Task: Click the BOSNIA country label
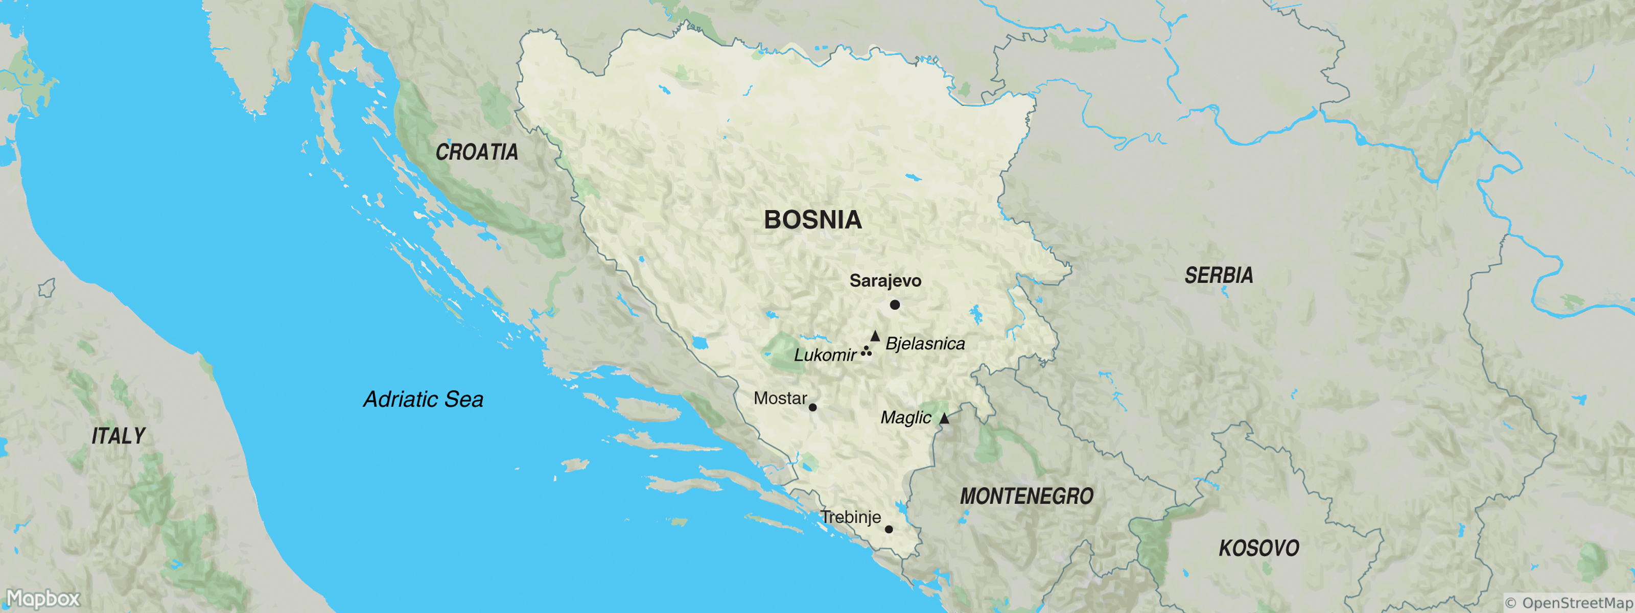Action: [x=812, y=220]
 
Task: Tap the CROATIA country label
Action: [x=477, y=152]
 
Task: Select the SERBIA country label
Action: [x=1219, y=275]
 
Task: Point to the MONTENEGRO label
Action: [x=1026, y=496]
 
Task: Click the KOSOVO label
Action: [x=1258, y=548]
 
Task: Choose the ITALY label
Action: [x=119, y=435]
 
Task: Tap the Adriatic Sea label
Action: [x=424, y=399]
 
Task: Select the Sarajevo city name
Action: [x=885, y=280]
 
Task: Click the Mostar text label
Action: [x=780, y=398]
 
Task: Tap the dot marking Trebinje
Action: [x=889, y=529]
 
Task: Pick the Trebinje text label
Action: [x=851, y=516]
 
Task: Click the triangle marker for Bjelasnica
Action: [x=875, y=336]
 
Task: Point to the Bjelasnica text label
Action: [x=925, y=343]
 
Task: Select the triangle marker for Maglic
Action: [x=944, y=418]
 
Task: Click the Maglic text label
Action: [x=906, y=417]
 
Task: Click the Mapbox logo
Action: [x=42, y=598]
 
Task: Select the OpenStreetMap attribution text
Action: [x=1569, y=603]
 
